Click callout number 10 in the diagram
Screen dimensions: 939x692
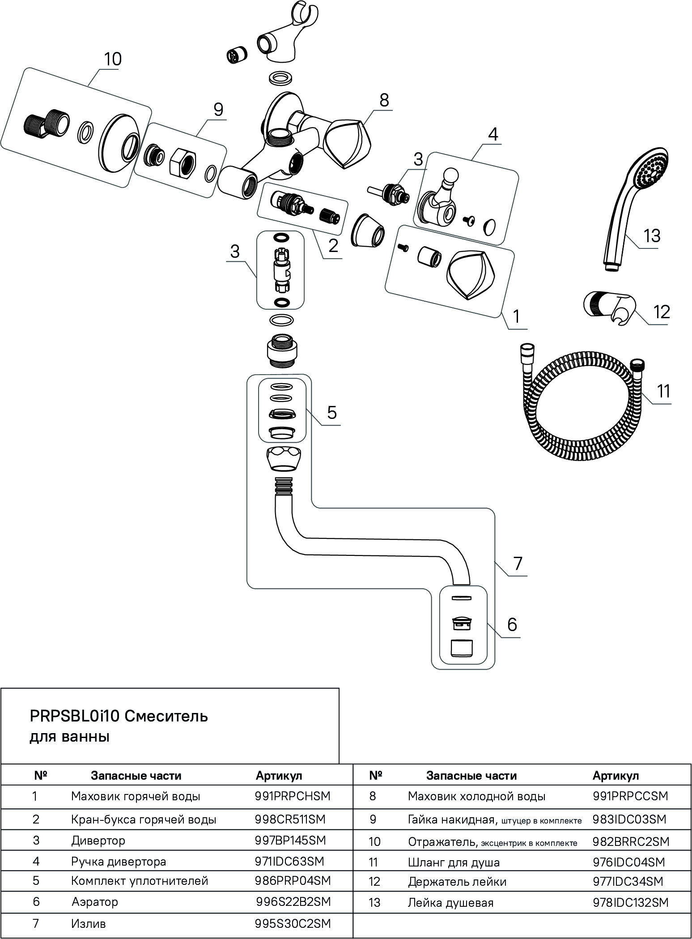(x=113, y=59)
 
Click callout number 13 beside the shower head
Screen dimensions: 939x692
(x=652, y=236)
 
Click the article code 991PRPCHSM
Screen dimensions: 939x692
(x=292, y=796)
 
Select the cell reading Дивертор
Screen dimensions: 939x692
(x=98, y=840)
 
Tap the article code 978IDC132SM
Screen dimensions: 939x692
(x=630, y=902)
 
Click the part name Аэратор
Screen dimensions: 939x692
(x=95, y=901)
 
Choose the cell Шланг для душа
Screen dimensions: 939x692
(x=454, y=862)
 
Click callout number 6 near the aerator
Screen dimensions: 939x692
(x=512, y=624)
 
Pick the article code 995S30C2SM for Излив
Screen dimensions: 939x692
(x=293, y=924)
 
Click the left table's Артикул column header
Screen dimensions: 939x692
(x=279, y=776)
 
